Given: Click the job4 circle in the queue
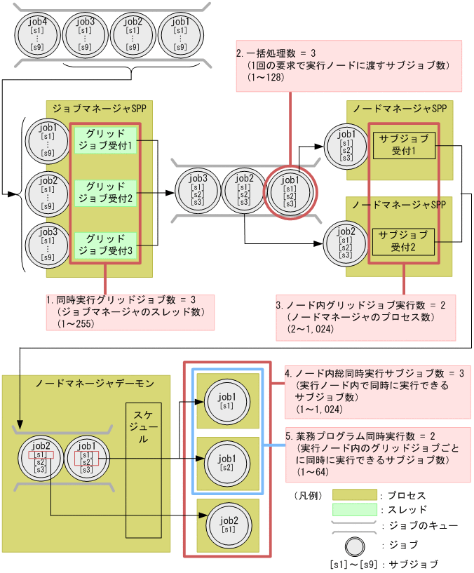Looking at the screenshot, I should point(37,34).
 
